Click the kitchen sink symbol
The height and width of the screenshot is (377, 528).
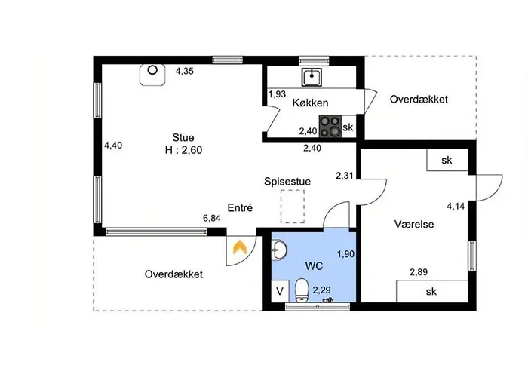tap(312, 77)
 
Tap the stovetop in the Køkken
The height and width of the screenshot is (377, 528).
tap(330, 127)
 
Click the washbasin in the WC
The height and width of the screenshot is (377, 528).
tap(279, 250)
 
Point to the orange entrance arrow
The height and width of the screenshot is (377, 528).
tap(240, 247)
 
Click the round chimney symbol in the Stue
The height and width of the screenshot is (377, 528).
tap(152, 70)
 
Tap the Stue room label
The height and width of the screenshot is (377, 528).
tap(183, 138)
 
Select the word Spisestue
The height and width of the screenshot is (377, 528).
tap(287, 182)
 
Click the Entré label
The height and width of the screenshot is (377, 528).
tap(240, 207)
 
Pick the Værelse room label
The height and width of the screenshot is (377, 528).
tap(414, 224)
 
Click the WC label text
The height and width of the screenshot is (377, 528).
tap(315, 266)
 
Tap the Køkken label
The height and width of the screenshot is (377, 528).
tap(310, 103)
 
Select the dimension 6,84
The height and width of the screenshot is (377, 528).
tap(212, 219)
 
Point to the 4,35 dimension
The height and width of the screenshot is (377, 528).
tap(185, 72)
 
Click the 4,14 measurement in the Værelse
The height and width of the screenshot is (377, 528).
tap(456, 207)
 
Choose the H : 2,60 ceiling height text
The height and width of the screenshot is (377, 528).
tap(183, 150)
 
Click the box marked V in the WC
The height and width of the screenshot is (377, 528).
tap(280, 291)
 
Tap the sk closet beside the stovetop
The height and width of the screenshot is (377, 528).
tap(348, 127)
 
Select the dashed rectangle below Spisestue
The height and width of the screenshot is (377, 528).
tap(293, 206)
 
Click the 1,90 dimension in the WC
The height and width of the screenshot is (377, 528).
tap(345, 254)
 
